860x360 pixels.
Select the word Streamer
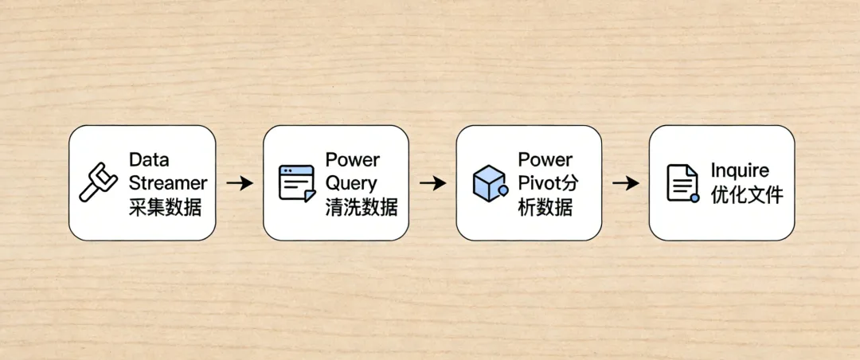pos(167,183)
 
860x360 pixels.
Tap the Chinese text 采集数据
pos(164,208)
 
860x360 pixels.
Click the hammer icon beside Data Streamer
pos(98,182)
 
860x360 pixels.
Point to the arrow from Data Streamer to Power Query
pos(239,183)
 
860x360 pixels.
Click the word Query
pos(351,183)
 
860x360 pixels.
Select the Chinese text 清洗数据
pos(361,208)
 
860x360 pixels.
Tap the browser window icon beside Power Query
pos(296,182)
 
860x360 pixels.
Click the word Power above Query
pos(353,159)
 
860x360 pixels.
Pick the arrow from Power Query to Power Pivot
pos(432,183)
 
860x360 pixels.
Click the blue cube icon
pos(489,182)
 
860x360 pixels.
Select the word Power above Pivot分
pos(545,159)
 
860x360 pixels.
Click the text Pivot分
pos(548,183)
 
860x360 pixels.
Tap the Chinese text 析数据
pos(545,208)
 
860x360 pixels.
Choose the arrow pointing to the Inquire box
pos(626,183)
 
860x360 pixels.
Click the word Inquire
pos(740,171)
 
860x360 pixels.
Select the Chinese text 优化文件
pos(746,195)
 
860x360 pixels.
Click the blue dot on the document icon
pos(695,197)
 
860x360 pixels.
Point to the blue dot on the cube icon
pos(503,191)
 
